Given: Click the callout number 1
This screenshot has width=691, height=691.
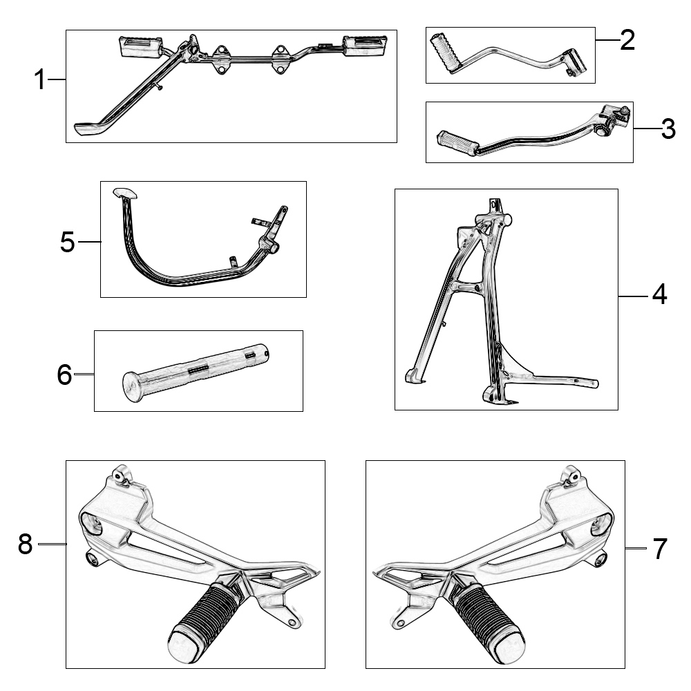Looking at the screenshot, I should coord(40,81).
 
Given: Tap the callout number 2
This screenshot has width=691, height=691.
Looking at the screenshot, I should coord(627,41).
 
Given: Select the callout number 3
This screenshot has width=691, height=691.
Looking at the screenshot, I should coord(668,129).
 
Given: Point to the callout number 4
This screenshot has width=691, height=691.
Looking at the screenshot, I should coord(659,296).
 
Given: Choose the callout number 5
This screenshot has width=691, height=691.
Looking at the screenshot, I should coord(67,243).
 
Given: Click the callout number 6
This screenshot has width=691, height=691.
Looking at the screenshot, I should coord(64,375).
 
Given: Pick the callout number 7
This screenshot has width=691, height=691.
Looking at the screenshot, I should coord(660,549).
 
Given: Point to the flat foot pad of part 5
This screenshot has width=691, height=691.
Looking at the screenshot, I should coord(124,193).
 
